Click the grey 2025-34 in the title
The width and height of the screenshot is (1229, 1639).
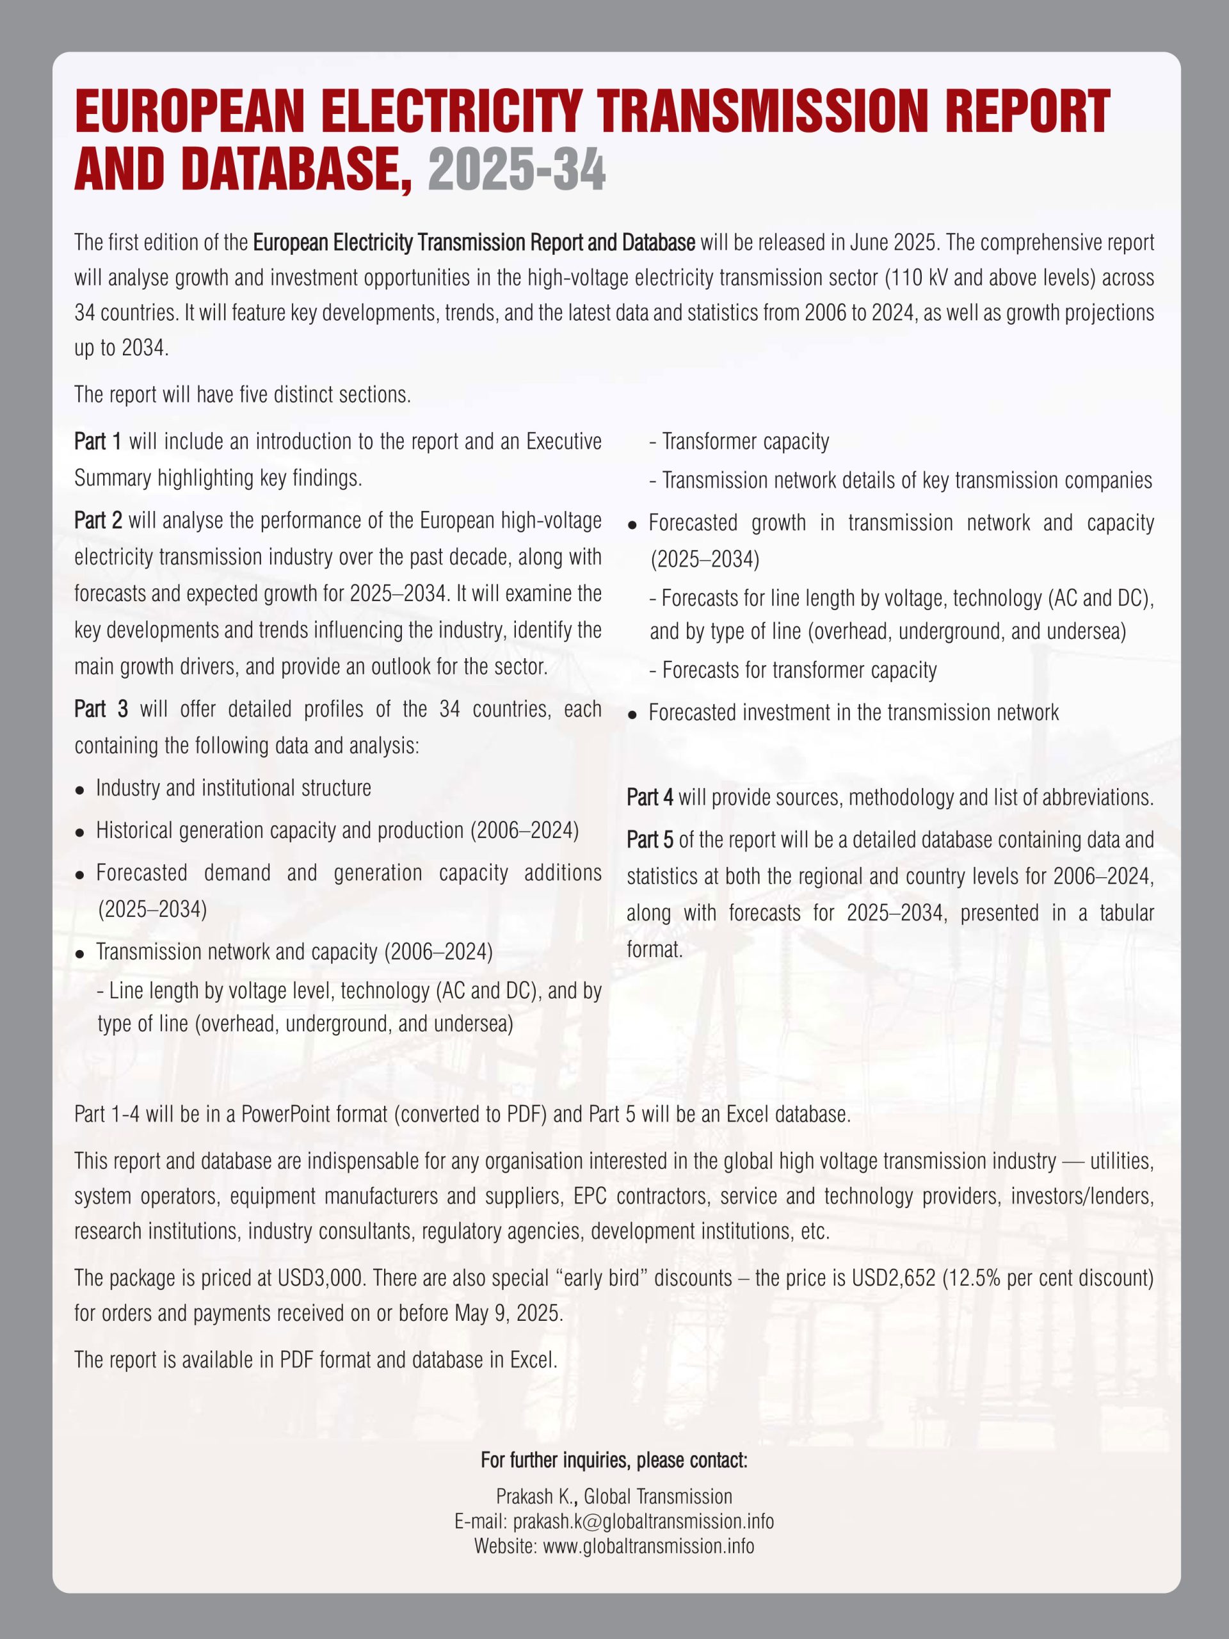coord(517,169)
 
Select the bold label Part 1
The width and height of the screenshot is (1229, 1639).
coord(98,442)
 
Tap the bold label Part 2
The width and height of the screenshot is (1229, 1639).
coord(98,520)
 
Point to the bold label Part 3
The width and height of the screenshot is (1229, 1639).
coord(100,709)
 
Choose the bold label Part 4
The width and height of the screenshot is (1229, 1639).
coord(650,797)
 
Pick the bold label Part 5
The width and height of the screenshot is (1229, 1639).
coord(650,839)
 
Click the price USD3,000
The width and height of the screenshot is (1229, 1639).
coord(319,1277)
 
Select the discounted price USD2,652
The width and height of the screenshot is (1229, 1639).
coord(894,1277)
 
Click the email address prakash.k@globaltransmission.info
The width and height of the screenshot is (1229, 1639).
coord(643,1521)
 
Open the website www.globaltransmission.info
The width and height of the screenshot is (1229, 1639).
coord(648,1546)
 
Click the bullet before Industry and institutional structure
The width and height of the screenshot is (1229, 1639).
coord(80,790)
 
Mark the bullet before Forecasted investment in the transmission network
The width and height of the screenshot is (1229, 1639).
coord(632,715)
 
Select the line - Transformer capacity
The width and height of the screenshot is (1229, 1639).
coord(739,442)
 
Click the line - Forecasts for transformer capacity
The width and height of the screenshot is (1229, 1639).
coord(792,670)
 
